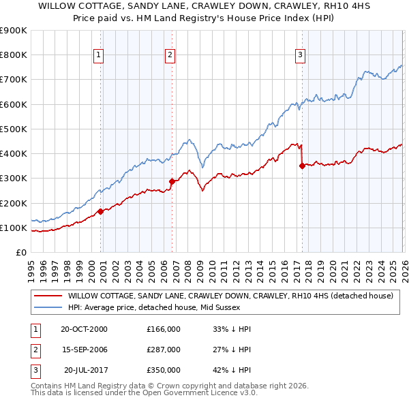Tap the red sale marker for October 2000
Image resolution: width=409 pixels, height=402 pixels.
[101, 211]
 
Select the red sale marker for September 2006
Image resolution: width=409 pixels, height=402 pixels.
[172, 181]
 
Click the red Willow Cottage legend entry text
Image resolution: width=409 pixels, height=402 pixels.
[230, 296]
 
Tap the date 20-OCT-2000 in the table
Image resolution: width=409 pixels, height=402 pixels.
[84, 329]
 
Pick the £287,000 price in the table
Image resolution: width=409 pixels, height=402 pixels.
[164, 350]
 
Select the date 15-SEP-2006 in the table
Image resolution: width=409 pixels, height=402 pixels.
[84, 350]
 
